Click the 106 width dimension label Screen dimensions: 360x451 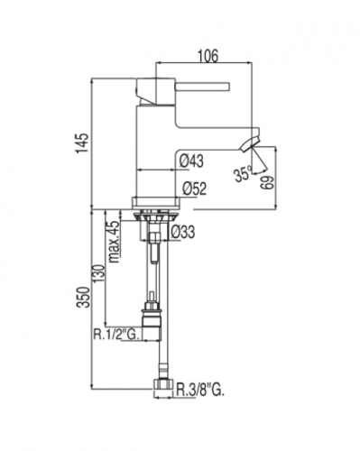click(x=208, y=56)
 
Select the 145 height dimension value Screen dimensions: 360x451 click(x=82, y=143)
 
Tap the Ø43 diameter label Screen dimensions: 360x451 click(x=191, y=161)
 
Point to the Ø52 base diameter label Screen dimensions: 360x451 click(x=195, y=189)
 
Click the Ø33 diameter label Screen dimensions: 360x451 click(x=183, y=232)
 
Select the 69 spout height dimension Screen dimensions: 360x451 click(x=267, y=182)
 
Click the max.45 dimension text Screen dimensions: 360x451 click(x=115, y=242)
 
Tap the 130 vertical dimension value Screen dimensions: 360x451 click(x=99, y=273)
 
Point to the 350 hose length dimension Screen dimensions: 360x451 click(x=84, y=298)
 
